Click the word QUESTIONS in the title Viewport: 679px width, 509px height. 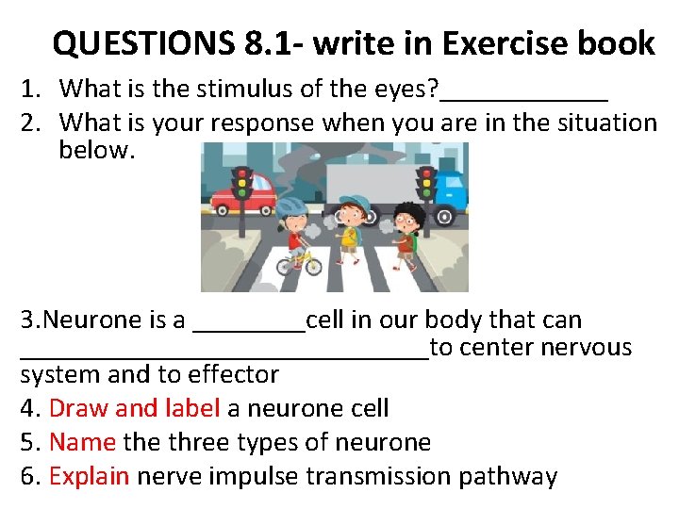coord(143,43)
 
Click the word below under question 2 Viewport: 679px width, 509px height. coord(96,151)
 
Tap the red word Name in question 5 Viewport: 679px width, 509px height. coord(82,442)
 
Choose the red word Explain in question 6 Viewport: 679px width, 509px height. coord(89,477)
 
